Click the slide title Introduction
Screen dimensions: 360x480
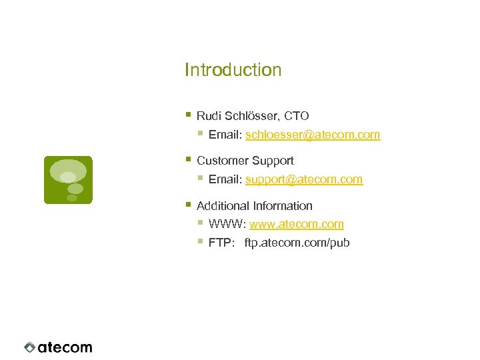pos(233,70)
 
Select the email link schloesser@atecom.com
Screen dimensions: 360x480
pos(313,135)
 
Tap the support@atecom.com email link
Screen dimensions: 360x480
pos(304,179)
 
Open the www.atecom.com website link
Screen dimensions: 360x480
pos(297,224)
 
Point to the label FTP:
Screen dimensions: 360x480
pos(221,243)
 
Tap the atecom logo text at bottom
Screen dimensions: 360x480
pos(65,347)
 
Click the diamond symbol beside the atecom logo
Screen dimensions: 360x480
pos(30,347)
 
